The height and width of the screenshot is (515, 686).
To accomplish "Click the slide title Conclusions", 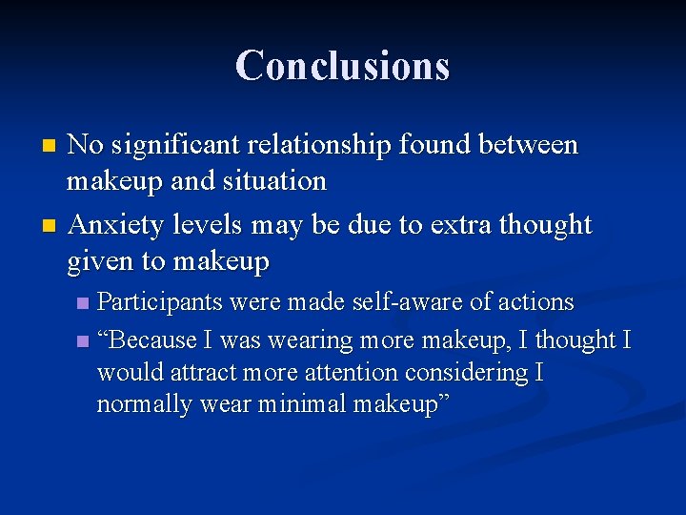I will click(x=343, y=66).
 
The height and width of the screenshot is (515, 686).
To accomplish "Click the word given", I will click(x=101, y=260).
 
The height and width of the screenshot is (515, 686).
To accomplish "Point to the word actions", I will click(x=535, y=302).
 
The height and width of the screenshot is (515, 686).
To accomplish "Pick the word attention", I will click(x=344, y=372).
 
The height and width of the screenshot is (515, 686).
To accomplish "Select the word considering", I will click(x=466, y=372).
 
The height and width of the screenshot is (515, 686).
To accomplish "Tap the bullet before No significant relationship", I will click(x=50, y=146).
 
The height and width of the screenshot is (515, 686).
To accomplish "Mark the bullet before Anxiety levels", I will click(x=50, y=227).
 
